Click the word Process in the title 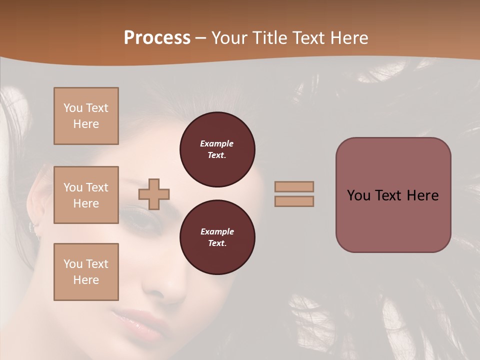point(157,38)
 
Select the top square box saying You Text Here point(86,116)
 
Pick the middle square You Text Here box point(86,195)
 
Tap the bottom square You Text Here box point(86,272)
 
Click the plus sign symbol point(154,194)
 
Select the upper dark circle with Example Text point(217,149)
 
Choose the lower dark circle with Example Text point(217,237)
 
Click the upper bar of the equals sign point(294,186)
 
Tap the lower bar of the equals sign point(294,201)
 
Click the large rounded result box point(393,195)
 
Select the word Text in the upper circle point(217,155)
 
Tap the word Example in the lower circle point(217,231)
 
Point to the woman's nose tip point(172,292)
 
